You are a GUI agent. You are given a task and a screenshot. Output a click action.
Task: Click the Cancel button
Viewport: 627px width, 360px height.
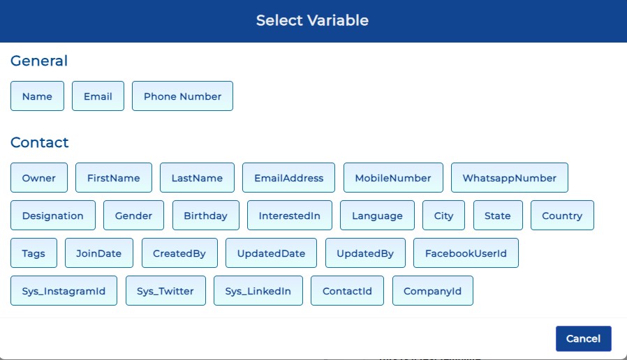pyautogui.click(x=584, y=338)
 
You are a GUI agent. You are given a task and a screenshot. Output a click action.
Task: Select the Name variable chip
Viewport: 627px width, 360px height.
pyautogui.click(x=37, y=96)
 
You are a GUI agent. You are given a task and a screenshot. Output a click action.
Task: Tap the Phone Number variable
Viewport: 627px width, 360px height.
pyautogui.click(x=182, y=96)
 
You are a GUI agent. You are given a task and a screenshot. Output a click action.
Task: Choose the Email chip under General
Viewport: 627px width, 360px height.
pyautogui.click(x=98, y=96)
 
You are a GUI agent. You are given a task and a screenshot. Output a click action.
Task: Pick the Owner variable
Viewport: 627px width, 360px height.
pyautogui.click(x=39, y=178)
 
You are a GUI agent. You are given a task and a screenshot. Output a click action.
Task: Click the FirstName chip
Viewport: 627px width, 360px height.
pyautogui.click(x=114, y=178)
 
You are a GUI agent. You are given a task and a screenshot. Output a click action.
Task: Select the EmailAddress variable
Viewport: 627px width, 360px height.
pyautogui.click(x=288, y=178)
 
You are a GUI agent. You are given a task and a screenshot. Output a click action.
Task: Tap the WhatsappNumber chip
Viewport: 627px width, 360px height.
pyautogui.click(x=510, y=178)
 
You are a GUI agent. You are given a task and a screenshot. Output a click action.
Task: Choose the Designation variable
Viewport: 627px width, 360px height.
pyautogui.click(x=53, y=216)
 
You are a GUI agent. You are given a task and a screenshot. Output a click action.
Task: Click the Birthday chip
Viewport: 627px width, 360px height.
pyautogui.click(x=205, y=216)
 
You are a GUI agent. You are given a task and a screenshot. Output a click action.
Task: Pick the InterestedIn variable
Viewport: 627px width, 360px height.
pyautogui.click(x=290, y=216)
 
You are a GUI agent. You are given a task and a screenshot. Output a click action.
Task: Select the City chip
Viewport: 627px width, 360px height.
pyautogui.click(x=443, y=216)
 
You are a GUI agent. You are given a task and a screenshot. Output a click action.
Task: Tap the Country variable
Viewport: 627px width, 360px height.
pyautogui.click(x=562, y=216)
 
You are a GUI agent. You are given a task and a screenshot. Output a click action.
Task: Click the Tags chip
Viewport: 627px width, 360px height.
pyautogui.click(x=34, y=253)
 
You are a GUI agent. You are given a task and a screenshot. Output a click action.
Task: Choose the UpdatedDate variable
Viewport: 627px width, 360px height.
pyautogui.click(x=271, y=253)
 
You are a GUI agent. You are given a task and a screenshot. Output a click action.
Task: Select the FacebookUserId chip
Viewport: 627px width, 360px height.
pyautogui.click(x=466, y=253)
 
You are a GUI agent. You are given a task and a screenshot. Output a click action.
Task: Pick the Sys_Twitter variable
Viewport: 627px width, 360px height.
pyautogui.click(x=165, y=291)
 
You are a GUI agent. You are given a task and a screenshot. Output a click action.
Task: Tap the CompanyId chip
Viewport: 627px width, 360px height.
pyautogui.click(x=433, y=291)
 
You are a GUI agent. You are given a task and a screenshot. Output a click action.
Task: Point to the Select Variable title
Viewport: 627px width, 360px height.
pyautogui.click(x=312, y=20)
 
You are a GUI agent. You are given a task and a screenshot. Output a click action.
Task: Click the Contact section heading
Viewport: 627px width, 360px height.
pyautogui.click(x=40, y=142)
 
